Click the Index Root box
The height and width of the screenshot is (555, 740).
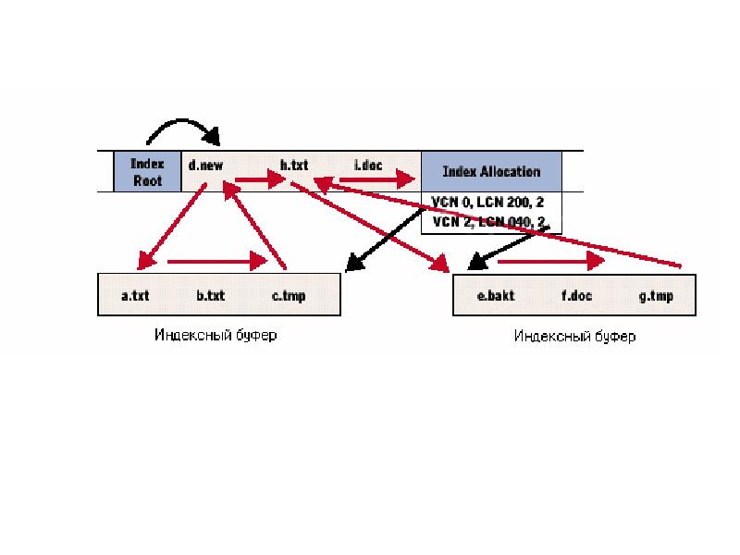coord(147,172)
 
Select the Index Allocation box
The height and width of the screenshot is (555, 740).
coord(491,172)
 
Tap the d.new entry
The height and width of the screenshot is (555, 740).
coord(205,166)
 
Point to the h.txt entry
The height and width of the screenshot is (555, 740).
coord(294,166)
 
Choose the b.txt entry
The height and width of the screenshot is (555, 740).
coord(211,296)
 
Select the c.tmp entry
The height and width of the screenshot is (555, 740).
coord(289,296)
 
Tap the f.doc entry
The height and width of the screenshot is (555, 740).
coord(577,296)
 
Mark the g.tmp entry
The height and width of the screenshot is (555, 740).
coord(656,296)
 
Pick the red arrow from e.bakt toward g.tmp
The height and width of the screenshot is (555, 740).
coord(551,262)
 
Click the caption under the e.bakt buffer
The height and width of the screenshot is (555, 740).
coord(573,337)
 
